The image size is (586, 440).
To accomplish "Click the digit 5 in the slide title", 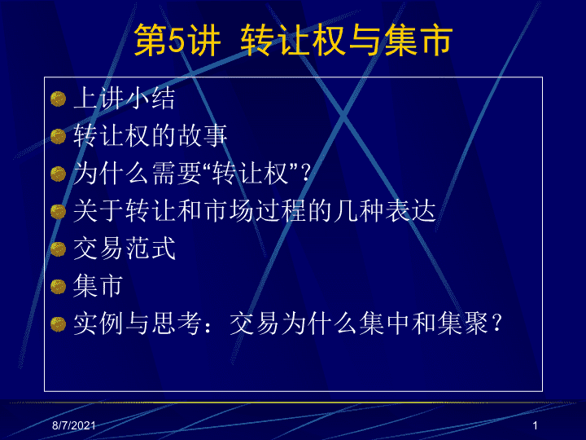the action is [177, 40].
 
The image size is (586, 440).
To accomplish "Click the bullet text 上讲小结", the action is [124, 98].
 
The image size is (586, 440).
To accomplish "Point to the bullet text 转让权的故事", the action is [151, 135].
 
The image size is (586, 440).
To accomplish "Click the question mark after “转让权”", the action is [306, 173].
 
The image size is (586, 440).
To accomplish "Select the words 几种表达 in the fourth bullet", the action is [384, 210].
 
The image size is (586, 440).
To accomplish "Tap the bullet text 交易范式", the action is [124, 248].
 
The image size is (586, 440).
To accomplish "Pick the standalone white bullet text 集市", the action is [98, 285].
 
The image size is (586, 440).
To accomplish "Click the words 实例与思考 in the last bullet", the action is [138, 323].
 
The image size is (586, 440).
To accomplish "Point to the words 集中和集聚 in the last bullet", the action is [423, 323].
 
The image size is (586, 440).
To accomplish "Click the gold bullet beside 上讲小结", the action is [58, 99].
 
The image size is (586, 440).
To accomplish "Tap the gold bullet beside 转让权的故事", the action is [58, 136].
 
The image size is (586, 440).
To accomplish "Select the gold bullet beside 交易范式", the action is [58, 249].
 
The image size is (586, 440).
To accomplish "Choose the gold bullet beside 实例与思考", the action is [58, 324].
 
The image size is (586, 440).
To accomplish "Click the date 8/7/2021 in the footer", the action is [73, 425].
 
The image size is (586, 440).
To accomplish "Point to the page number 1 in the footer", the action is [535, 425].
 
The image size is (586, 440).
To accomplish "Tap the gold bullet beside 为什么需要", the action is [58, 174].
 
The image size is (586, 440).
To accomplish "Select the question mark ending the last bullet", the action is [496, 323].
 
